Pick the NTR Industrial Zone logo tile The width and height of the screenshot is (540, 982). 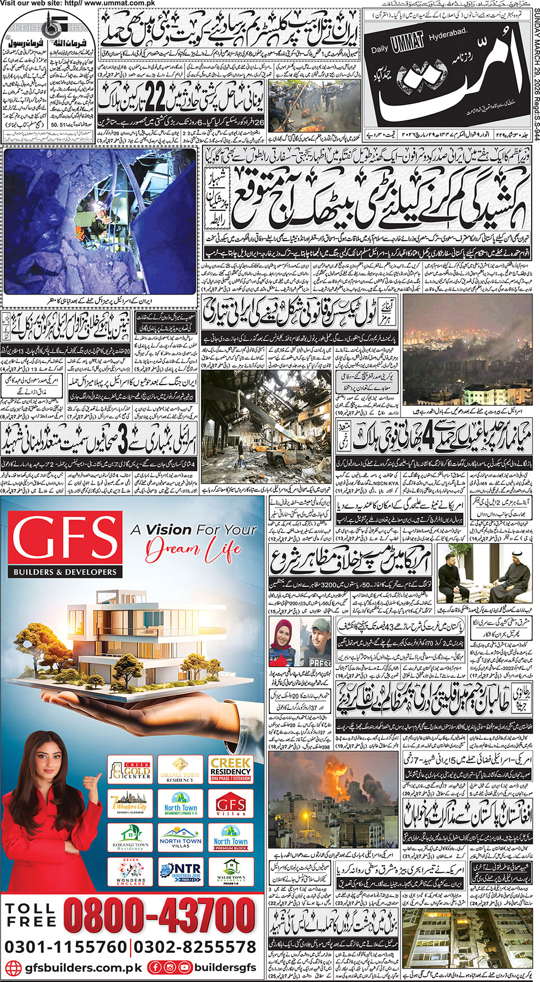pyautogui.click(x=180, y=872)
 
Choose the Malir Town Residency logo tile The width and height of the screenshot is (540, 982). pyautogui.click(x=231, y=872)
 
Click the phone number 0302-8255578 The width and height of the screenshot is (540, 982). pyautogui.click(x=195, y=947)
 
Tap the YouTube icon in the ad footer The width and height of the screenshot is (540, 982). pyautogui.click(x=184, y=968)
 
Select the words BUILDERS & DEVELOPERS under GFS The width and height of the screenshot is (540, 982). pyautogui.click(x=65, y=572)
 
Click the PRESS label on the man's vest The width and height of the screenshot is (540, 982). pyautogui.click(x=320, y=662)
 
